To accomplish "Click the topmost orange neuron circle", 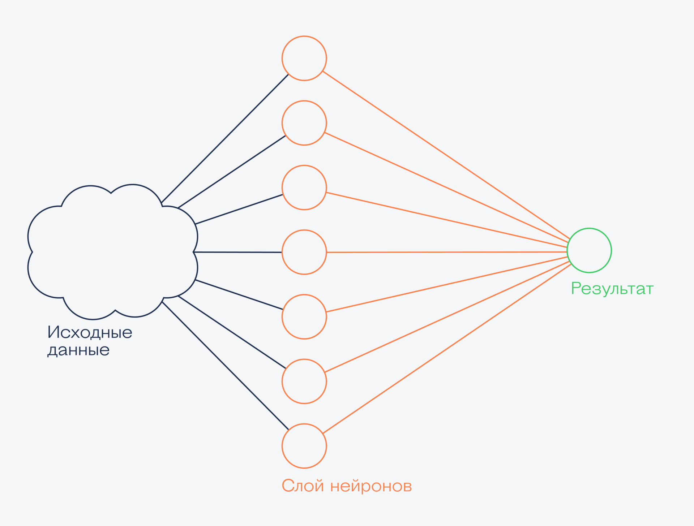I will click(x=304, y=58).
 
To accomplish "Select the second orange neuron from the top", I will click(x=304, y=123).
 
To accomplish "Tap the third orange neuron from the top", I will click(x=304, y=187).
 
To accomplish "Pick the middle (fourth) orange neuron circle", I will click(x=304, y=252).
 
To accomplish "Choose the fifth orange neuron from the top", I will click(x=304, y=317).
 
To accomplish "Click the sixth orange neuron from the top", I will click(x=304, y=381).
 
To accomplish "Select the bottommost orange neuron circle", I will click(x=304, y=446).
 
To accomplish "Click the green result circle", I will click(x=589, y=250).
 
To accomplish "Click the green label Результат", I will click(x=612, y=289).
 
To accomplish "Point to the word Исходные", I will click(x=90, y=332).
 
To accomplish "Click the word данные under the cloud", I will click(x=78, y=350).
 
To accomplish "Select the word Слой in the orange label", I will click(x=303, y=486).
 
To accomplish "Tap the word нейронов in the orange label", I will click(x=371, y=486).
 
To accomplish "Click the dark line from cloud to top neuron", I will click(x=225, y=138).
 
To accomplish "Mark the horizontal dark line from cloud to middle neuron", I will click(x=237, y=252).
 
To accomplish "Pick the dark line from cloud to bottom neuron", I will click(x=225, y=366).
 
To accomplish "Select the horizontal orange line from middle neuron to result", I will click(x=446, y=252).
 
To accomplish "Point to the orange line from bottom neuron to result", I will click(x=446, y=349).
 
